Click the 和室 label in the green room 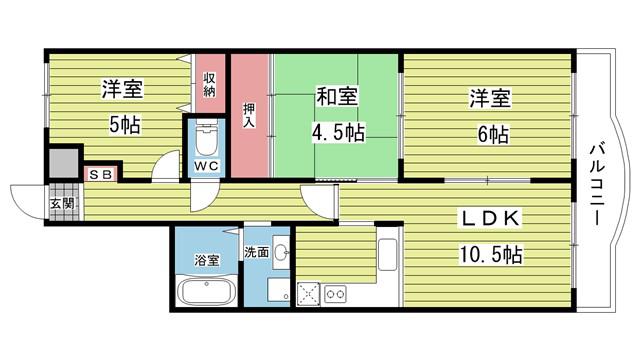(x=337, y=96)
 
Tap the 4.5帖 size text (x=338, y=132)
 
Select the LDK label (x=491, y=218)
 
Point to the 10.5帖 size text (x=491, y=254)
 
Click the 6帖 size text (x=493, y=134)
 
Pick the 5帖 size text (x=124, y=125)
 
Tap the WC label (x=206, y=166)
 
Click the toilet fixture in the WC (x=207, y=139)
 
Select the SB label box (x=100, y=175)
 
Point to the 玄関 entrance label (x=62, y=203)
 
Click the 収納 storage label (x=210, y=84)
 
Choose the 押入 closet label (x=249, y=115)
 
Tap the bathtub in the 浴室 (x=207, y=291)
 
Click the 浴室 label (x=207, y=260)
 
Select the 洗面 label (x=257, y=252)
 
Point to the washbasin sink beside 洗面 (x=281, y=252)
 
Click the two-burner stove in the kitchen (x=335, y=294)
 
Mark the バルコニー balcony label (x=598, y=183)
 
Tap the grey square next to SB (x=63, y=163)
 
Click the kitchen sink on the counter (x=388, y=254)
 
